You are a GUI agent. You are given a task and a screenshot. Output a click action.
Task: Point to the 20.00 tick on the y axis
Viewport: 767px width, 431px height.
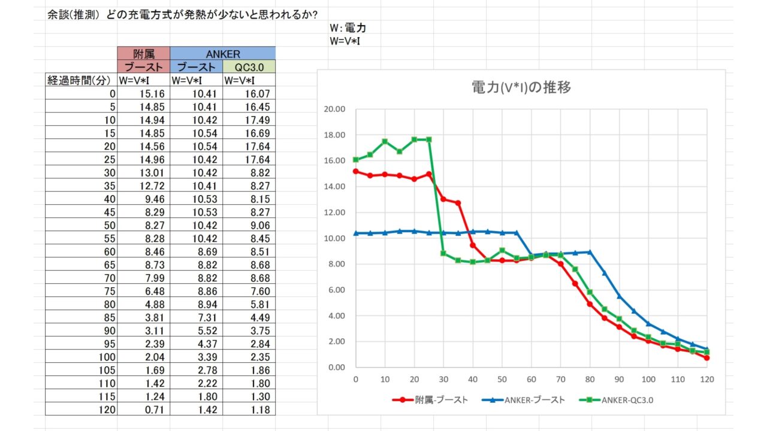(334, 110)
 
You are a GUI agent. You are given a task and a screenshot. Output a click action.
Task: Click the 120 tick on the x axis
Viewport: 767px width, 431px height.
(707, 380)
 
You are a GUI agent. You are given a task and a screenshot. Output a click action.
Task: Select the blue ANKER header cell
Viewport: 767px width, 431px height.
(222, 54)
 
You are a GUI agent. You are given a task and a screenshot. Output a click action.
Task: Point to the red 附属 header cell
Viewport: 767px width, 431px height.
(143, 54)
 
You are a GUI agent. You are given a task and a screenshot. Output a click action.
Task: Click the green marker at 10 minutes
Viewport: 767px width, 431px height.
(385, 142)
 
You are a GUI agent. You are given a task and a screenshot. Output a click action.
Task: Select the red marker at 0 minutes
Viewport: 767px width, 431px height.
(356, 171)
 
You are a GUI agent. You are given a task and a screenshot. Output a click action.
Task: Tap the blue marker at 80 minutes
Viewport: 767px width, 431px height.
(590, 252)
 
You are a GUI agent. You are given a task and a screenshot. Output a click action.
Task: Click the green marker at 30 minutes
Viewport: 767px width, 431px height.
(443, 253)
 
